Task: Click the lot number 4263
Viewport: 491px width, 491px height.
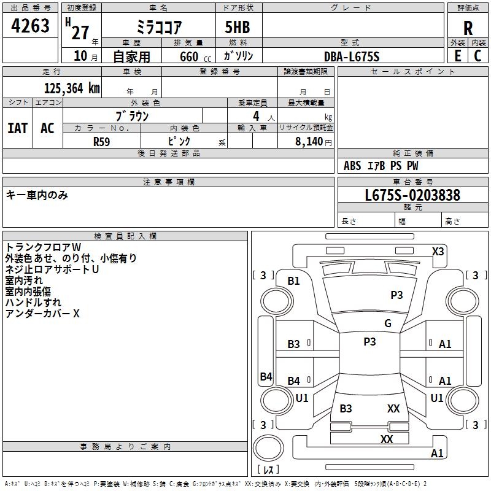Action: pos(31,26)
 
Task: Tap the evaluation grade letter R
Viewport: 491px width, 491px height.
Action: pos(468,28)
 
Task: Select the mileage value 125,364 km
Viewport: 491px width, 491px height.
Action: pos(72,88)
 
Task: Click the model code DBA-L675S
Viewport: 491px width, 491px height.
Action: pos(352,56)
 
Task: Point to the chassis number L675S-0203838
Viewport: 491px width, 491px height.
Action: pos(412,196)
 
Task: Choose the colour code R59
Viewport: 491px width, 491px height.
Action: pos(102,141)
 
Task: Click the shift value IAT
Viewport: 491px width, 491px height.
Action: pos(17,128)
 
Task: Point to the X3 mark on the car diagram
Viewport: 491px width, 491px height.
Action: pos(438,251)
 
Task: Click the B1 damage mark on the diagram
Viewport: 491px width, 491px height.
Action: pos(294,281)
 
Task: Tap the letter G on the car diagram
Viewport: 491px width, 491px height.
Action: pos(388,323)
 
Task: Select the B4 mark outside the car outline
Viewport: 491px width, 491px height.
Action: pos(266,377)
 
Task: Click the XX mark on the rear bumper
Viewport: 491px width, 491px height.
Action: pos(387,439)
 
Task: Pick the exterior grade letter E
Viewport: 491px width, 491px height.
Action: pos(457,56)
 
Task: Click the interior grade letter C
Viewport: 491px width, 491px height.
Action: pos(477,56)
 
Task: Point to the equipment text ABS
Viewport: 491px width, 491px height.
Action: pos(352,166)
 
